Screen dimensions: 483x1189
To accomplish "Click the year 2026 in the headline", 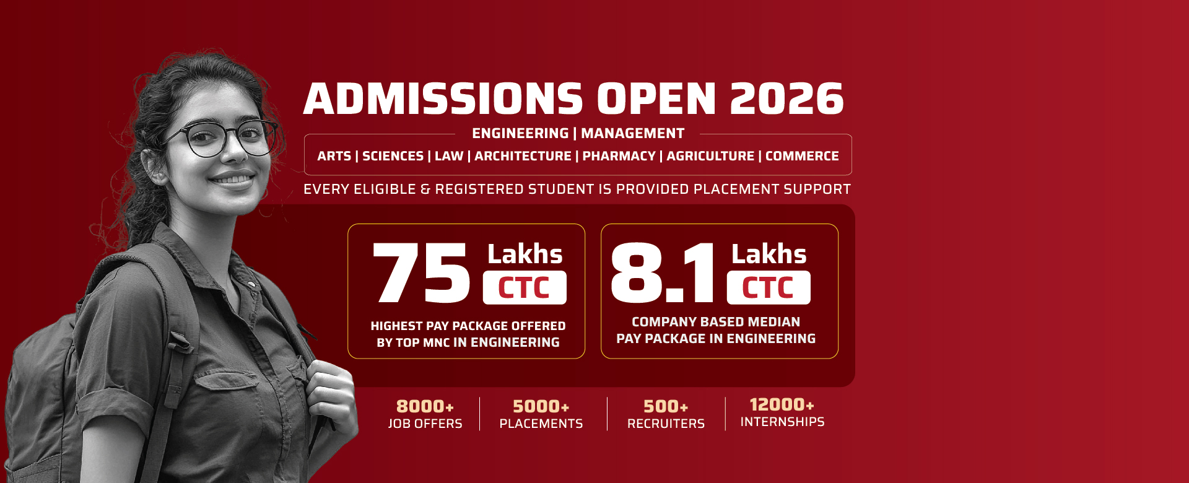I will coord(786,99).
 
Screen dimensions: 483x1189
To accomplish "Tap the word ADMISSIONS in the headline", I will coord(443,99).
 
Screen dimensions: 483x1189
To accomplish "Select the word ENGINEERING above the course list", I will coord(520,133).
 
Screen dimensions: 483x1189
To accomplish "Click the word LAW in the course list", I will coord(449,156).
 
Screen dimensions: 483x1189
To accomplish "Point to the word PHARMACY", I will coord(619,156).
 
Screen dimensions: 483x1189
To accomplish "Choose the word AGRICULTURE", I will coord(710,156).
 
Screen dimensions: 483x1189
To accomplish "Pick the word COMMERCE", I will coord(802,156).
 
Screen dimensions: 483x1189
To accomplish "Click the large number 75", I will coord(422,272).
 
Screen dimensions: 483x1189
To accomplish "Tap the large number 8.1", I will coord(663,272).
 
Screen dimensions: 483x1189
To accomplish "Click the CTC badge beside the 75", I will coord(525,287).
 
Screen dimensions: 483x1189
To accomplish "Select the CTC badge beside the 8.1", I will coord(769,287).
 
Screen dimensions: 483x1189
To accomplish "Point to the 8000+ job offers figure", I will coord(425,406).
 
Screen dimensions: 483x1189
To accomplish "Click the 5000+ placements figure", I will coord(541,406).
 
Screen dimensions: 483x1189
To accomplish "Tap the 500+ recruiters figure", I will coord(666,406).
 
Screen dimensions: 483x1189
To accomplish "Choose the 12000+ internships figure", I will coord(782,404).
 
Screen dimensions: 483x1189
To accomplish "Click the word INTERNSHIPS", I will coord(782,422).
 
